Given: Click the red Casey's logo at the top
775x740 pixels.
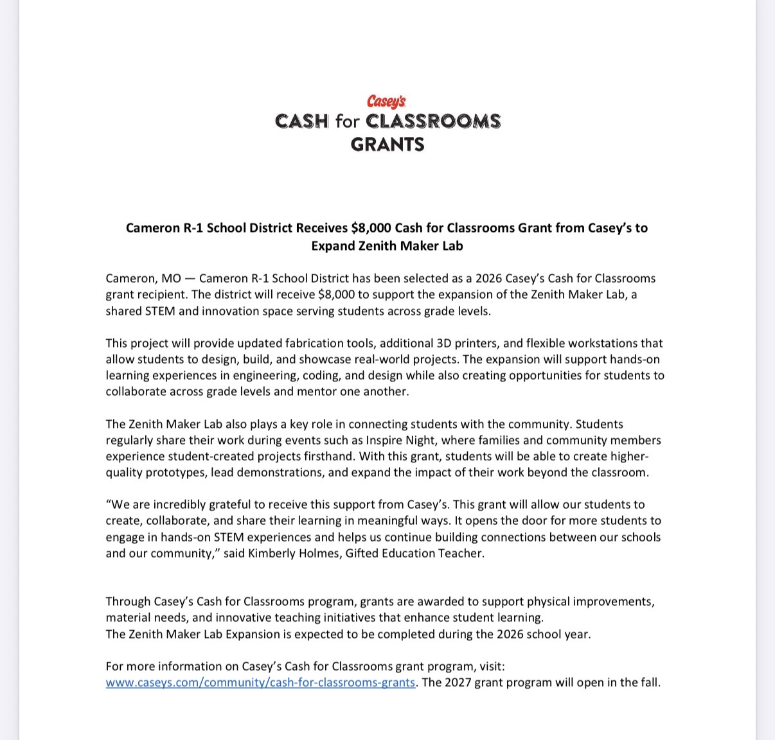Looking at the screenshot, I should [387, 101].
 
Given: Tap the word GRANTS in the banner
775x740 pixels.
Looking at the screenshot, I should [387, 144].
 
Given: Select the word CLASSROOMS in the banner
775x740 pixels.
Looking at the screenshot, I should [433, 121].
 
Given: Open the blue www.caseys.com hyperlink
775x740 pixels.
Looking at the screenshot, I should [260, 682].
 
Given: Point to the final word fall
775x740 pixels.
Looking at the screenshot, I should [649, 682].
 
